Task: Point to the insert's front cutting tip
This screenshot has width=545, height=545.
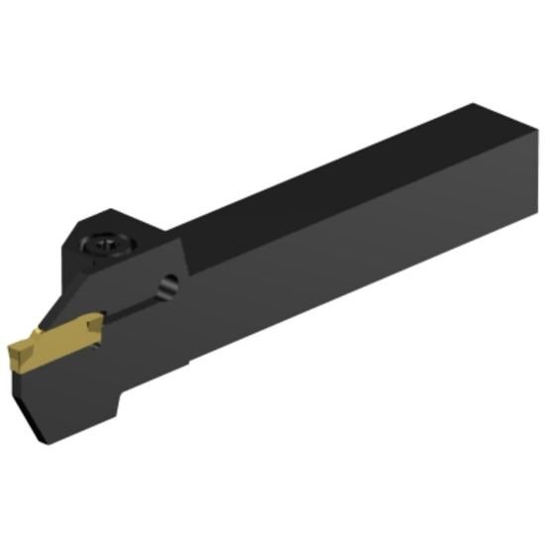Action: coord(14,349)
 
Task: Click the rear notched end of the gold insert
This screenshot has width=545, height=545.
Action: coord(94,322)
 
